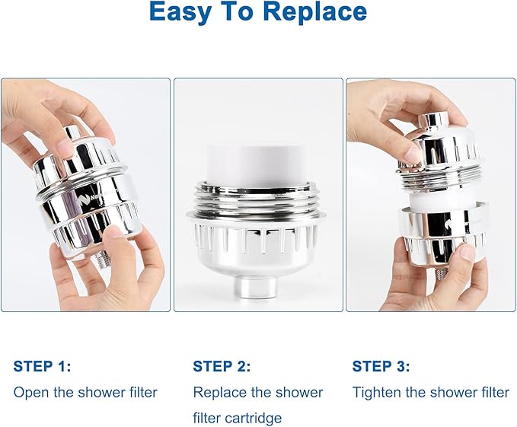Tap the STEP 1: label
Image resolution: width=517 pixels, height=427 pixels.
42,367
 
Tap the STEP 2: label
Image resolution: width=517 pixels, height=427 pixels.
222,367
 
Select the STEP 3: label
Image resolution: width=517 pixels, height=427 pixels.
381,367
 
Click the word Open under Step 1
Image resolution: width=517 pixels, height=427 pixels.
29,393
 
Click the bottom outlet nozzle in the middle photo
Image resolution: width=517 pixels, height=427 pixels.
257,290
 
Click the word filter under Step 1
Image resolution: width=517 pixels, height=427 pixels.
138,393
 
